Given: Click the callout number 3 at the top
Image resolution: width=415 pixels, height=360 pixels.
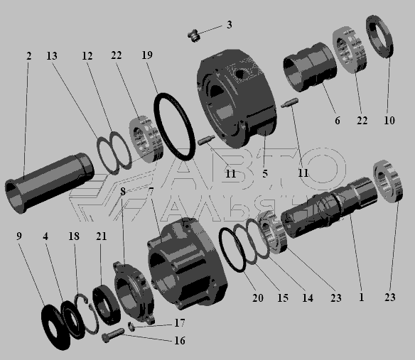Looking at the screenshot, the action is click(x=230, y=25).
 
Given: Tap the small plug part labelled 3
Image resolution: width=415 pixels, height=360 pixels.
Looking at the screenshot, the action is click(x=194, y=36).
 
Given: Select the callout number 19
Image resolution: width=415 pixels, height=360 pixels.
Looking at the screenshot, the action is click(x=147, y=55).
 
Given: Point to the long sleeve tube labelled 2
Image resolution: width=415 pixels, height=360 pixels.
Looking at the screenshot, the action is click(x=49, y=182).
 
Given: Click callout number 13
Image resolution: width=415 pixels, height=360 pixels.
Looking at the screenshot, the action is click(x=52, y=56).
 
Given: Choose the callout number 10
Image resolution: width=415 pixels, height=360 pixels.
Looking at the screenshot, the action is click(x=389, y=120).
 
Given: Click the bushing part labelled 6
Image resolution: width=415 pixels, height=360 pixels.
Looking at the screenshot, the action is click(x=310, y=67).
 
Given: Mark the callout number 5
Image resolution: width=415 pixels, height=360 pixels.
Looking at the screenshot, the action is click(x=265, y=174).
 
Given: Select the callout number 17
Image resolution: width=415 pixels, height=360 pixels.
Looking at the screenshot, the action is click(x=180, y=322).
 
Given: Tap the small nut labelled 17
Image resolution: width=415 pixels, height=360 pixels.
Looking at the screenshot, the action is click(x=131, y=327).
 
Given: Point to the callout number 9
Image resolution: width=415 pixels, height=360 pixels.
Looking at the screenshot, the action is click(x=19, y=236).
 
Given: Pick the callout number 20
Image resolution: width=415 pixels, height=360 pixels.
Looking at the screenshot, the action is click(x=258, y=298).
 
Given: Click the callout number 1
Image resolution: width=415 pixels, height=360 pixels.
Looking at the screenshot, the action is click(x=362, y=297).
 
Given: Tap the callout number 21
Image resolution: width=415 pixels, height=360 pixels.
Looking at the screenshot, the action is click(x=102, y=236).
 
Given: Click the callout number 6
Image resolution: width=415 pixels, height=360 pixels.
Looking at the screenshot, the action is click(x=338, y=121).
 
